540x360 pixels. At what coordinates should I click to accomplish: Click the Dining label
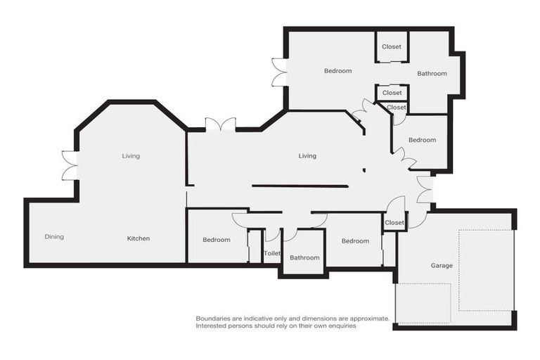(x=54, y=237)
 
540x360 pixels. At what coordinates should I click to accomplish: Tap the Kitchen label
(x=139, y=238)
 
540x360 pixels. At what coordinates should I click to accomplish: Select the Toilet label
(x=272, y=253)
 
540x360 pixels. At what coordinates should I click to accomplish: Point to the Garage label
(x=442, y=265)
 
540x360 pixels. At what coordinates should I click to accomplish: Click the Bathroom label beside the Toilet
(x=304, y=257)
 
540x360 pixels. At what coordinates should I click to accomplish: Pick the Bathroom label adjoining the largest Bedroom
(x=432, y=73)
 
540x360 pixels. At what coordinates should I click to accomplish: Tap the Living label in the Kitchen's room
(x=131, y=156)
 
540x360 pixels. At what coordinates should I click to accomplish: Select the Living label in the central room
(x=307, y=156)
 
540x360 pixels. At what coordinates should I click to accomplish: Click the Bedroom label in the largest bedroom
(x=337, y=70)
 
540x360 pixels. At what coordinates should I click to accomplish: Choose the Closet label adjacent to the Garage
(x=394, y=223)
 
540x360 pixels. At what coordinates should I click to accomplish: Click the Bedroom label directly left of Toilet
(x=217, y=240)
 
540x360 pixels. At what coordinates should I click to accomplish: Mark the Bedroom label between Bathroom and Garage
(x=355, y=241)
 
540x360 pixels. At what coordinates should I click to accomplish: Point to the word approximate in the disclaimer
(x=366, y=319)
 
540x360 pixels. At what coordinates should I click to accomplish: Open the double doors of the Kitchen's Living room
(x=69, y=166)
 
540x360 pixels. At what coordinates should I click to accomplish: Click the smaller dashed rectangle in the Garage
(x=423, y=303)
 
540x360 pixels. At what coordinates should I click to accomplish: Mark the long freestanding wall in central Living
(x=300, y=186)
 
